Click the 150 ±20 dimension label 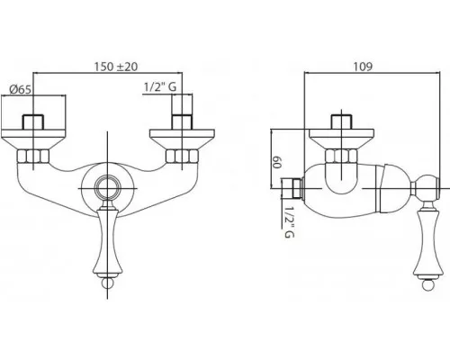pyautogui.click(x=116, y=67)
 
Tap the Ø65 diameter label pyautogui.click(x=20, y=89)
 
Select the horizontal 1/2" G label pyautogui.click(x=160, y=87)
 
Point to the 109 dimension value pyautogui.click(x=363, y=67)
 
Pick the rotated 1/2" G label pyautogui.click(x=289, y=221)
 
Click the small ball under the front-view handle pyautogui.click(x=107, y=283)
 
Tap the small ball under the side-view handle pyautogui.click(x=427, y=284)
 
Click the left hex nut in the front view pyautogui.click(x=32, y=157)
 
